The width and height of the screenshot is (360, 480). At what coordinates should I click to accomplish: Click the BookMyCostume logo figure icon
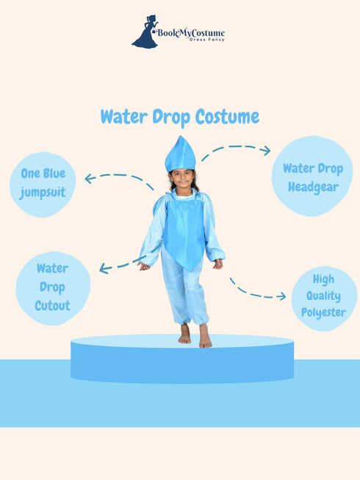point(145,32)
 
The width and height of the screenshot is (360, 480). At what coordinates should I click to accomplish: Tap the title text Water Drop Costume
point(179,116)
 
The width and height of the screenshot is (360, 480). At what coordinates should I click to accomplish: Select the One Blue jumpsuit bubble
point(43,184)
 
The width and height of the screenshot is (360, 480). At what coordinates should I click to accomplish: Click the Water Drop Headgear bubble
point(312,176)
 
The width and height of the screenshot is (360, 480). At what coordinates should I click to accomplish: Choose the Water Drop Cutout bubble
point(52,287)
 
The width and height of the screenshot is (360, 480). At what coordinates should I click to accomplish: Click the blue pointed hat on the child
point(180,154)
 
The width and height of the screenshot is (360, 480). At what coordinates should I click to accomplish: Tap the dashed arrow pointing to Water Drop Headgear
point(235,150)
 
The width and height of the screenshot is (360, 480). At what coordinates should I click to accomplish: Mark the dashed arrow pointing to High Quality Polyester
point(257,291)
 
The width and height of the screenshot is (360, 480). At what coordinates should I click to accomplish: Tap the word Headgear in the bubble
point(312,187)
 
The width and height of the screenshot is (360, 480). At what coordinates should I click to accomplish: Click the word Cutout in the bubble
point(52,305)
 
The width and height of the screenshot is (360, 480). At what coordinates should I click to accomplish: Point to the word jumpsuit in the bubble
point(43,193)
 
